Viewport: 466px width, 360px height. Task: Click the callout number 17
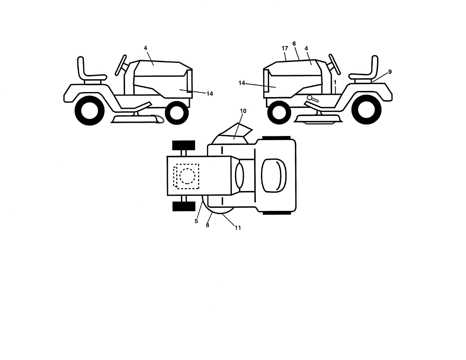[285, 49]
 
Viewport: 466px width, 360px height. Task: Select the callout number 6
[294, 44]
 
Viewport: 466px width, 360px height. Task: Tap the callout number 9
[389, 71]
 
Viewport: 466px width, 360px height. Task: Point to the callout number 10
[243, 111]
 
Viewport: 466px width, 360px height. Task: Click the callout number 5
[196, 221]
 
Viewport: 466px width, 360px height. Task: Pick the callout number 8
[208, 225]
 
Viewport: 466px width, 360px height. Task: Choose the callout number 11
[238, 228]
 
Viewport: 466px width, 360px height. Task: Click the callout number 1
[335, 82]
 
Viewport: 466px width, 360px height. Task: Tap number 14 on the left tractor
[210, 94]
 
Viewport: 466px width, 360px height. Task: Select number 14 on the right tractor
[242, 83]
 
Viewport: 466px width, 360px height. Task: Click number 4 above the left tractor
[145, 48]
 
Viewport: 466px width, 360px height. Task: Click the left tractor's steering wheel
[121, 65]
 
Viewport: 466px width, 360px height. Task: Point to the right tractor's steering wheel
[334, 64]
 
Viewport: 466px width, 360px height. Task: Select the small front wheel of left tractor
[177, 112]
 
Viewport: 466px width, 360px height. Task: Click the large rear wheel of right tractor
[367, 110]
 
